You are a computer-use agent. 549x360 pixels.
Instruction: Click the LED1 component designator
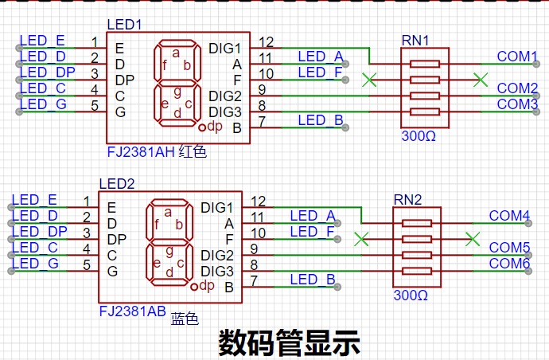click(x=124, y=25)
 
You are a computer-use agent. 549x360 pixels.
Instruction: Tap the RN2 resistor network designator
click(x=407, y=200)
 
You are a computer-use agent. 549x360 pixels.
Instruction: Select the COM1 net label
click(x=517, y=57)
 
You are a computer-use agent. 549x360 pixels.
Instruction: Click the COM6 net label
click(x=509, y=264)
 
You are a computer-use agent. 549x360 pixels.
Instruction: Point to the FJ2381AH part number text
click(x=141, y=152)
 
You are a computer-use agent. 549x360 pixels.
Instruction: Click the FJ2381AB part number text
click(x=133, y=311)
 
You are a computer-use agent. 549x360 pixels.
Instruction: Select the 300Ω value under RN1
click(x=419, y=136)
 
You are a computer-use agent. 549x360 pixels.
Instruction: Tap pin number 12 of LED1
click(x=266, y=42)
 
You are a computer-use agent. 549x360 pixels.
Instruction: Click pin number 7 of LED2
click(x=254, y=281)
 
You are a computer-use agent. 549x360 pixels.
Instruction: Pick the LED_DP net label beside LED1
click(x=47, y=72)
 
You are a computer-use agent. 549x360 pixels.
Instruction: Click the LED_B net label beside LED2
click(x=313, y=280)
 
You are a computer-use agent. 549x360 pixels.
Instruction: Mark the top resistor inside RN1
click(x=425, y=64)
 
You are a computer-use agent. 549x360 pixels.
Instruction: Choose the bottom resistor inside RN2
click(x=417, y=271)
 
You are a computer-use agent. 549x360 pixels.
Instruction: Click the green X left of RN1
click(x=369, y=80)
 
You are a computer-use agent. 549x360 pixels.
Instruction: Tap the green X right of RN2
click(x=473, y=239)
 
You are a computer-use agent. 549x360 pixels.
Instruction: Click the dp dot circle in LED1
click(x=201, y=127)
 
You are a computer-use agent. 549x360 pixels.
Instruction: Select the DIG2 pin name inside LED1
click(x=225, y=96)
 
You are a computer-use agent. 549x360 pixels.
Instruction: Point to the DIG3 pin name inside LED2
click(x=217, y=272)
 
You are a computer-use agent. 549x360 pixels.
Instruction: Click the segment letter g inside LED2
click(x=169, y=252)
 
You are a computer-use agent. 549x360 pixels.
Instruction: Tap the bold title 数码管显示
click(x=289, y=342)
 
